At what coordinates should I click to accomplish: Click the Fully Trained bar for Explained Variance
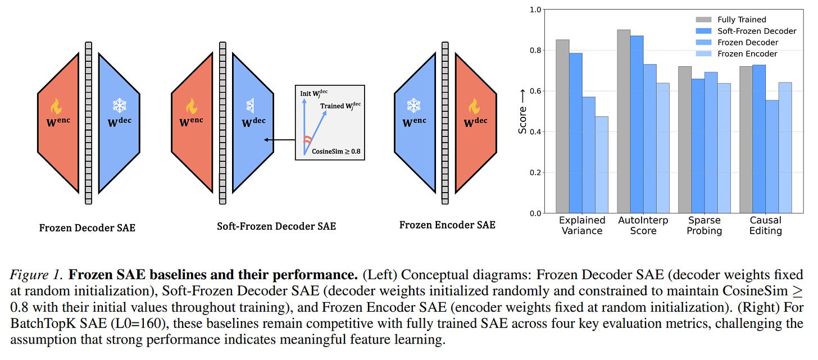562,126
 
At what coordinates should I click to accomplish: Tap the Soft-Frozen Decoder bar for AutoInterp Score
637,124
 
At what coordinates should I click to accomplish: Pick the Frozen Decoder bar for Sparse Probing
711,143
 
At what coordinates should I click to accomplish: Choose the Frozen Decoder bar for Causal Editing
772,157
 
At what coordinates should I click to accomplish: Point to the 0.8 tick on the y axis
535,51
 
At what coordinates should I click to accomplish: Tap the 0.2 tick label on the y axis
535,172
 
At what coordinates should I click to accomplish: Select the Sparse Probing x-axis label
704,226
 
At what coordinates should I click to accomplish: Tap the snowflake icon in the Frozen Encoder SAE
413,105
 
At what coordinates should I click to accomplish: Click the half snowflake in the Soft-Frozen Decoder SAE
249,105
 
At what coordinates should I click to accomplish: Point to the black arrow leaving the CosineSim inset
279,140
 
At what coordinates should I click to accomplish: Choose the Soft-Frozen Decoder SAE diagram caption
276,226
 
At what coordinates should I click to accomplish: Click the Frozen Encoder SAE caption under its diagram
447,225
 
